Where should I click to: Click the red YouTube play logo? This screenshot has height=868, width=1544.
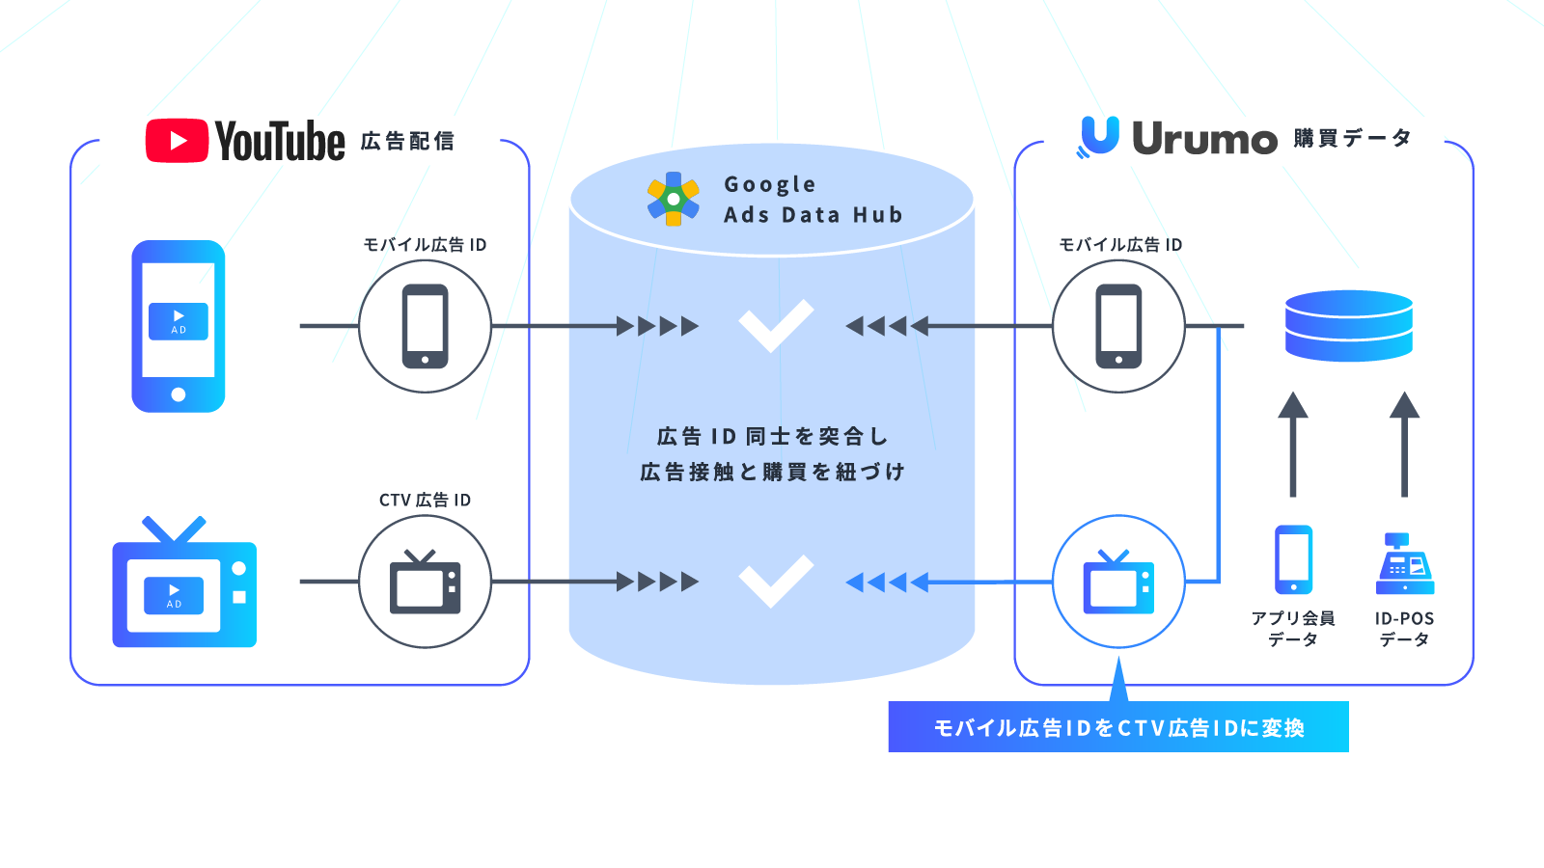point(177,141)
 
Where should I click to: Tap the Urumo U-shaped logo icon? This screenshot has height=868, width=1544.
point(1099,135)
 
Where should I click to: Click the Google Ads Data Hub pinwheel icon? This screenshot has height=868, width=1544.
point(674,199)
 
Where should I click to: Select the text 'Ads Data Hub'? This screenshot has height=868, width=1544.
point(813,215)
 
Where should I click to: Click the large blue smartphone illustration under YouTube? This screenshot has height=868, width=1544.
point(179,326)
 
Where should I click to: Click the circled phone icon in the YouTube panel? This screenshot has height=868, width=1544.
point(425,326)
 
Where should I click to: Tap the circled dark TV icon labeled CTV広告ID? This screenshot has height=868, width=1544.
point(425,582)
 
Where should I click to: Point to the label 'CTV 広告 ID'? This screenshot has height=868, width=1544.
point(425,500)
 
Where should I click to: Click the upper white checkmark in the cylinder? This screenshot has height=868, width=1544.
point(776,326)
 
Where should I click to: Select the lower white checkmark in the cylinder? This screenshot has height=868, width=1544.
point(776,582)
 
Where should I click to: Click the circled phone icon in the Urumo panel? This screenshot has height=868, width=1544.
point(1118,326)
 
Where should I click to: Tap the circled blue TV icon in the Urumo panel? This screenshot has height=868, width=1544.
point(1118,582)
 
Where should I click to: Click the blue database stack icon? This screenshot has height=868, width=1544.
point(1349,326)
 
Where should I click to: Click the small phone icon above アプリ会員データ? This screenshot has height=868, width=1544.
point(1293,559)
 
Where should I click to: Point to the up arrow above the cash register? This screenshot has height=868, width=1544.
point(1405,444)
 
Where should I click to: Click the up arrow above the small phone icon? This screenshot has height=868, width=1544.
point(1293,444)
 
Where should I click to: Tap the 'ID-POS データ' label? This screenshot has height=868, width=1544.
point(1405,629)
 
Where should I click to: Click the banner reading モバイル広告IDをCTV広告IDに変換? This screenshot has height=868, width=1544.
point(1117,727)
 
